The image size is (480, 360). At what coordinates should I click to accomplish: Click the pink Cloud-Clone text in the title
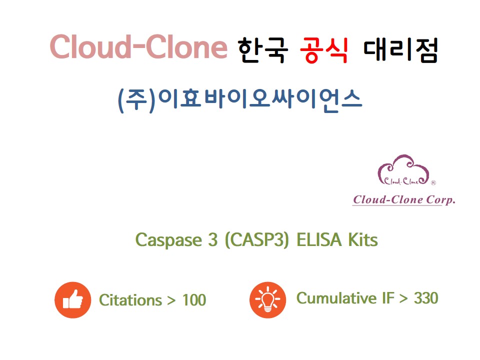pyautogui.click(x=138, y=46)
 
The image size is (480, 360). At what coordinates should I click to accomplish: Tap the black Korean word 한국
pyautogui.click(x=262, y=50)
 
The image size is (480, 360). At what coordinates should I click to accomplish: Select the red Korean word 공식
pyautogui.click(x=324, y=50)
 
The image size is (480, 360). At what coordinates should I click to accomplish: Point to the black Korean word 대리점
pyautogui.click(x=401, y=50)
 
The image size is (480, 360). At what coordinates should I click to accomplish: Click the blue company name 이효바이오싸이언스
pyautogui.click(x=260, y=99)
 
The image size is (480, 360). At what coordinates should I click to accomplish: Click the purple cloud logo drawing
pyautogui.click(x=403, y=170)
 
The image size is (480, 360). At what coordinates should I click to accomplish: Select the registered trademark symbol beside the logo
pyautogui.click(x=433, y=183)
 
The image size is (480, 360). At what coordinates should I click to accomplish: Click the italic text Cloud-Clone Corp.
pyautogui.click(x=404, y=200)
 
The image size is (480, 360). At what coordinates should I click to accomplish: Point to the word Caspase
pyautogui.click(x=168, y=239)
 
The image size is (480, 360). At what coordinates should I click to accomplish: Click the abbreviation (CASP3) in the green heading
pyautogui.click(x=257, y=240)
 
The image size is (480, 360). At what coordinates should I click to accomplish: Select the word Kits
pyautogui.click(x=363, y=239)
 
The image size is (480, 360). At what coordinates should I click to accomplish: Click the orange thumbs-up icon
pyautogui.click(x=73, y=300)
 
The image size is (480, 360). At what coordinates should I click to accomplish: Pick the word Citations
pyautogui.click(x=130, y=300)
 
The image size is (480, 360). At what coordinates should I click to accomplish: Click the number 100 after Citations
pyautogui.click(x=194, y=300)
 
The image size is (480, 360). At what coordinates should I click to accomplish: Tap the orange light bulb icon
pyautogui.click(x=268, y=300)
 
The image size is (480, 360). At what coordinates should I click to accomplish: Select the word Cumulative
pyautogui.click(x=336, y=298)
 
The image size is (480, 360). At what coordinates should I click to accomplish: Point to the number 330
pyautogui.click(x=426, y=298)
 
